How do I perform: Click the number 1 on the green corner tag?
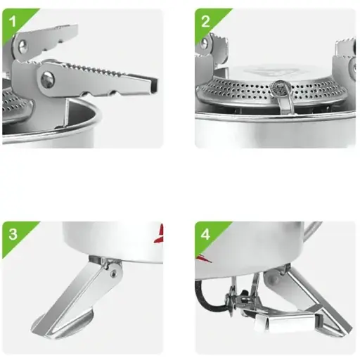click(13, 21)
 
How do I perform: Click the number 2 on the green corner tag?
click(205, 21)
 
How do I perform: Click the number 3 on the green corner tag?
click(13, 233)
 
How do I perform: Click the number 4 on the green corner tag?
click(205, 234)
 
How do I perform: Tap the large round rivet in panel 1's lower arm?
click(48, 79)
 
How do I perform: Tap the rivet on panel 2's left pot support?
click(204, 43)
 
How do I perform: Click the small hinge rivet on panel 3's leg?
click(114, 272)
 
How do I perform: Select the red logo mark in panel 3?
click(160, 233)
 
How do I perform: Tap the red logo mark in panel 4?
click(203, 259)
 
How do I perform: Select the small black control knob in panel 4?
click(244, 293)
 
